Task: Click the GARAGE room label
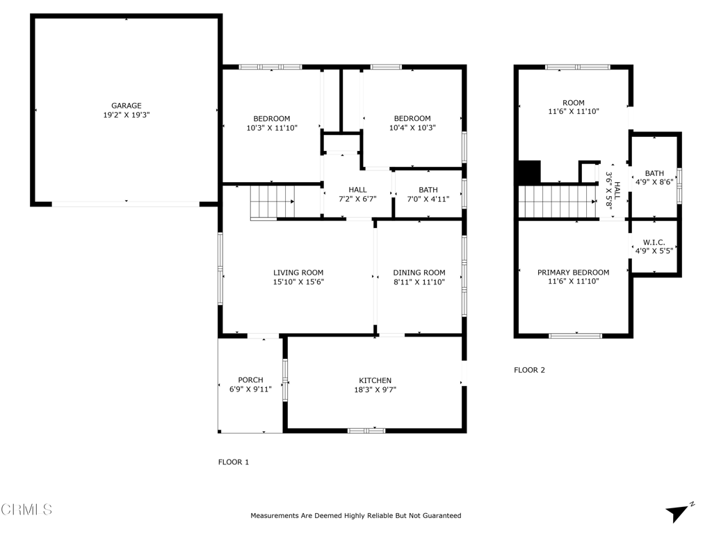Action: click(x=127, y=106)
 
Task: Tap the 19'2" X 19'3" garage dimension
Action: click(x=127, y=115)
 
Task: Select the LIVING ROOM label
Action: click(x=298, y=273)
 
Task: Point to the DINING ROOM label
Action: click(x=419, y=273)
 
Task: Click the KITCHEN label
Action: click(x=375, y=380)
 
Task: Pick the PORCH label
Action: click(x=250, y=380)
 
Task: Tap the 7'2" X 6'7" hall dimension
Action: click(x=358, y=199)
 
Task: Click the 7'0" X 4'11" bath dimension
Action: click(x=428, y=199)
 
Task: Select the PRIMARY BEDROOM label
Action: click(x=574, y=273)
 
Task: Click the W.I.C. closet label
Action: click(x=654, y=243)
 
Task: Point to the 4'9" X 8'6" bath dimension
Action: click(x=654, y=182)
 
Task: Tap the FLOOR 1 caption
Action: click(x=234, y=462)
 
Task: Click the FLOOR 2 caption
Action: click(x=529, y=370)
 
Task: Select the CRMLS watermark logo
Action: click(x=26, y=510)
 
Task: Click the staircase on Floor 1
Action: click(x=273, y=202)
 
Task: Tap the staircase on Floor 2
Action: click(x=558, y=202)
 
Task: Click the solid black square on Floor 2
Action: click(x=529, y=172)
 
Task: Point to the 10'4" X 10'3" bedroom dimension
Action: click(x=412, y=128)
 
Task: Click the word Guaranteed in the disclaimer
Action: click(x=442, y=516)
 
